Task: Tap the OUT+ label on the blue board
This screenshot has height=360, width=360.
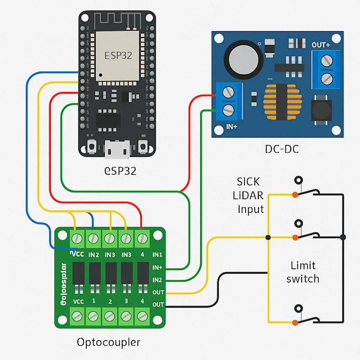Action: (321, 45)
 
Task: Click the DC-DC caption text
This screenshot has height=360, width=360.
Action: (281, 149)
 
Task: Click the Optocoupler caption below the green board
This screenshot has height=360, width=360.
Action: (109, 342)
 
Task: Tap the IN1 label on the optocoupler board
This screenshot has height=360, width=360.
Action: (158, 255)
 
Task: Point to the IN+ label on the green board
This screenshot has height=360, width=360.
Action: (158, 267)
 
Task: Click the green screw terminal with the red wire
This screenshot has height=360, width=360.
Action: (142, 239)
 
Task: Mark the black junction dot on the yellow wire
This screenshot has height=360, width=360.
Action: (268, 237)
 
